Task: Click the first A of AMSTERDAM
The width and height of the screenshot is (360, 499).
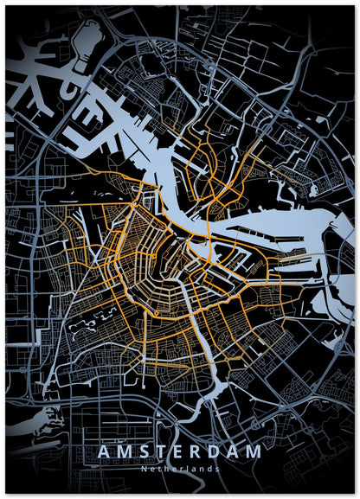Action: (x=104, y=452)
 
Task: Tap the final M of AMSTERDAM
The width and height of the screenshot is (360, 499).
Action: (x=256, y=452)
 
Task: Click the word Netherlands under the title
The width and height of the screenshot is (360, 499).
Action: (x=180, y=468)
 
